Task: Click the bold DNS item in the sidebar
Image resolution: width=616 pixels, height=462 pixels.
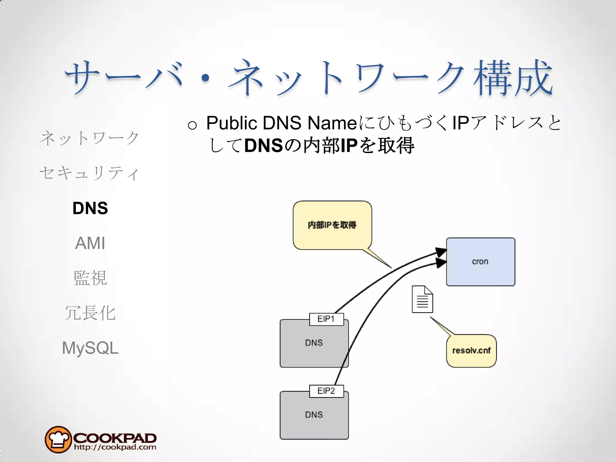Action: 90,208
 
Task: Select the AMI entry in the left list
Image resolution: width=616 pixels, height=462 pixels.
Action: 90,243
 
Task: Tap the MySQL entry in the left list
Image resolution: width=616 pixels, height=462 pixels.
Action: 90,348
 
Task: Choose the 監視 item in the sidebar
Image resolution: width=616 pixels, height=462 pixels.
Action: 90,278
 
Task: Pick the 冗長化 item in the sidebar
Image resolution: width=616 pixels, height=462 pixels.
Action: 90,313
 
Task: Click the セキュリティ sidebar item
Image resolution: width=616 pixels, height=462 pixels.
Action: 89,173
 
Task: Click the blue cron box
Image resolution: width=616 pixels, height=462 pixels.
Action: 480,262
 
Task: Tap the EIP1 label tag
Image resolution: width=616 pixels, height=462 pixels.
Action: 326,319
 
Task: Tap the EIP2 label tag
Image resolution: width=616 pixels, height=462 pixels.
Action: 326,391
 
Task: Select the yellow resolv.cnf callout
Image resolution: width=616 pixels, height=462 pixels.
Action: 471,351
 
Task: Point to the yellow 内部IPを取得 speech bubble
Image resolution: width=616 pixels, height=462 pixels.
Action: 332,225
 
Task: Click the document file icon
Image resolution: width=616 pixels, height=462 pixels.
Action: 422,299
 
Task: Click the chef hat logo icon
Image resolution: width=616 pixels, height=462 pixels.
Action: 58,439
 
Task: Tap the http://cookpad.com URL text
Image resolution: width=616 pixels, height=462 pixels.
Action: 115,447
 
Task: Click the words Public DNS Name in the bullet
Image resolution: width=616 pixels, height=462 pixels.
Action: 281,123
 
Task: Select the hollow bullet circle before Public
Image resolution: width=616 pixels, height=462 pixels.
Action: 192,125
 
